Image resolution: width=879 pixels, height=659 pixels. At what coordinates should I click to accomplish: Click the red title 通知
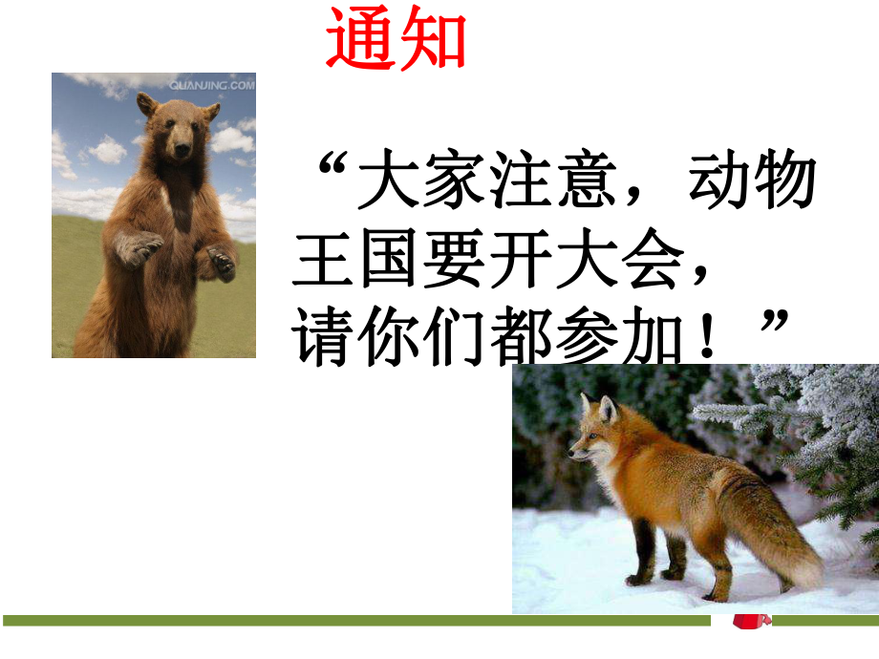click(x=396, y=41)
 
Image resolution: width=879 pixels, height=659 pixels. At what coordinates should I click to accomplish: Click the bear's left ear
click(x=146, y=101)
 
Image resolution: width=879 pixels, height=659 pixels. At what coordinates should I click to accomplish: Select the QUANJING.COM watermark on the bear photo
click(x=212, y=85)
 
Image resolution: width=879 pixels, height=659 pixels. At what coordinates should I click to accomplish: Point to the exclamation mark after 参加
click(x=707, y=338)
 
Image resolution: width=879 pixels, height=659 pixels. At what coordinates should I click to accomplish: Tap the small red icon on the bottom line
click(x=750, y=623)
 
